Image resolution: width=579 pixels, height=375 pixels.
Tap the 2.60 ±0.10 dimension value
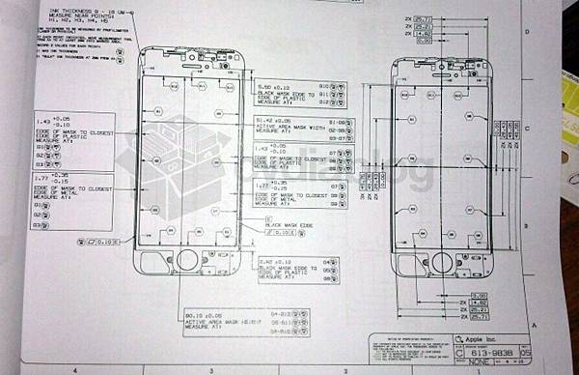276,261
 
